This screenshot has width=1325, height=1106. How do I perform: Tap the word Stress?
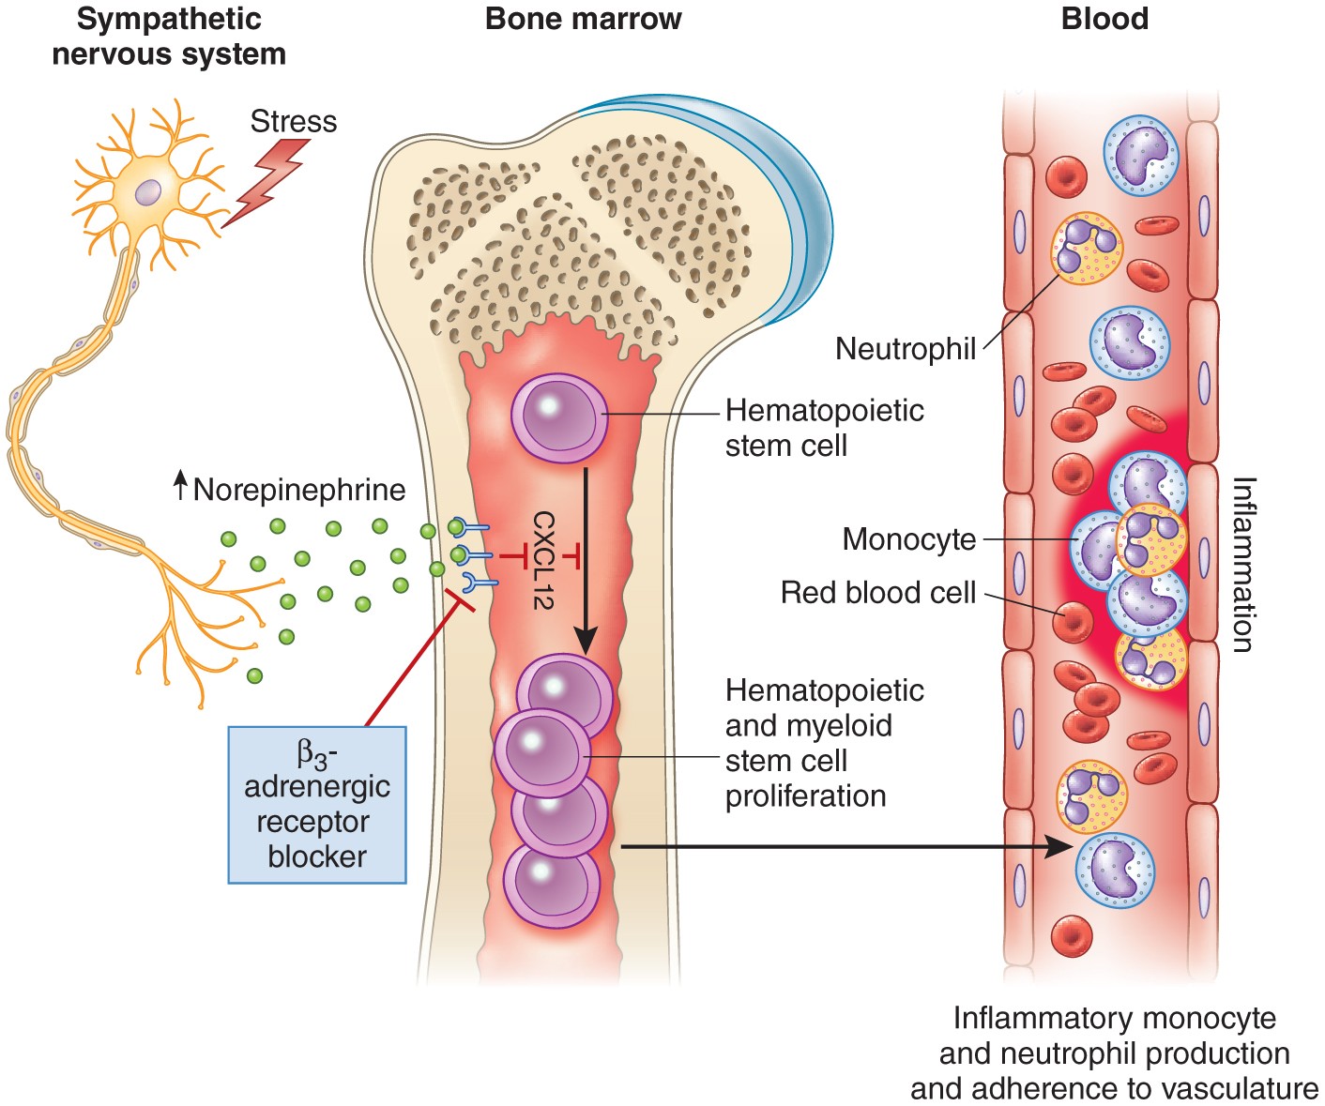(x=293, y=122)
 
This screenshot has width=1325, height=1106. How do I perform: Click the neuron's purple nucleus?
(x=148, y=192)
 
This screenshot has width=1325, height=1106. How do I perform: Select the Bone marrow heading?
(x=583, y=19)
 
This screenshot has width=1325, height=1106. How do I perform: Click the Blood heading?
(x=1104, y=19)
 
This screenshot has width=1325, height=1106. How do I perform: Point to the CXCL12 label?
(x=543, y=560)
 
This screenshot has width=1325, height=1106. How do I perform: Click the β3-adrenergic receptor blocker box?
(x=317, y=805)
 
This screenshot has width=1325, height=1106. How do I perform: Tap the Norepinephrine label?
(x=298, y=490)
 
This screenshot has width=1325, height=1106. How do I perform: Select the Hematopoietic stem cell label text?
(x=824, y=428)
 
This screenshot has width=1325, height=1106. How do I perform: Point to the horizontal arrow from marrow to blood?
(x=845, y=847)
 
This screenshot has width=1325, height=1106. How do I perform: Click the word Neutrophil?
(x=905, y=349)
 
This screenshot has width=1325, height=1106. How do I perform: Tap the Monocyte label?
(x=908, y=539)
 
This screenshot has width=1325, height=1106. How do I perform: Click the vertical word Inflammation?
(x=1242, y=564)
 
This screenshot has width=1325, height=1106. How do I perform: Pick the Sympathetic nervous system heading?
(x=169, y=36)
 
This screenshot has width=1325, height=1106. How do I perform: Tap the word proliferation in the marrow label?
(x=805, y=796)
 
